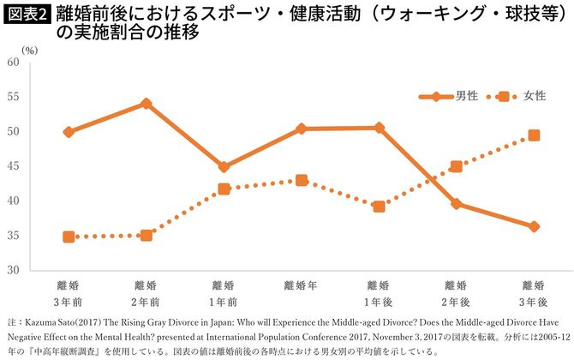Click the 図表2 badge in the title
27,14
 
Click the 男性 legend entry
454,95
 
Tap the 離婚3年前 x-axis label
69,292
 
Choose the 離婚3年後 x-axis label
534,292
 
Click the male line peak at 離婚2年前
146,104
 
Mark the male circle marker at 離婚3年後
534,227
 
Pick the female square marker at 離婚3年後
534,135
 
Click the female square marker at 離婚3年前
69,237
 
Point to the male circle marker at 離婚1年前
224,167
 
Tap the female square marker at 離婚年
302,181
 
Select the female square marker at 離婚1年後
379,207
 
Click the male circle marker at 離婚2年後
457,204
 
